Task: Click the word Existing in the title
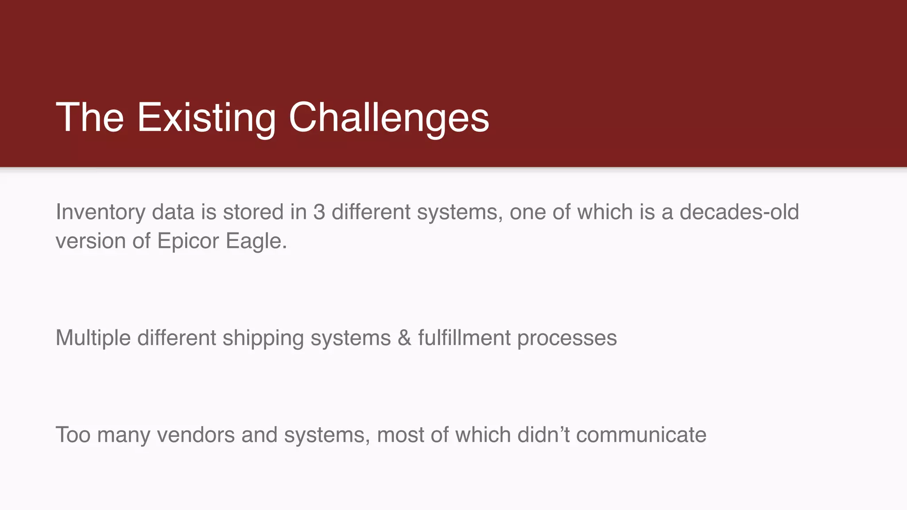206,117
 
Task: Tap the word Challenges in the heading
388,117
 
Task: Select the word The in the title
89,117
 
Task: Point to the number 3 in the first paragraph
319,212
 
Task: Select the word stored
253,212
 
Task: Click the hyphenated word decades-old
739,212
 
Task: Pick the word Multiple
93,338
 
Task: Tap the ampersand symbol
404,338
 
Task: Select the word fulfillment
464,338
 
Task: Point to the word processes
566,338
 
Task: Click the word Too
73,435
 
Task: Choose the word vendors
196,435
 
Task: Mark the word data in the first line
173,212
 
